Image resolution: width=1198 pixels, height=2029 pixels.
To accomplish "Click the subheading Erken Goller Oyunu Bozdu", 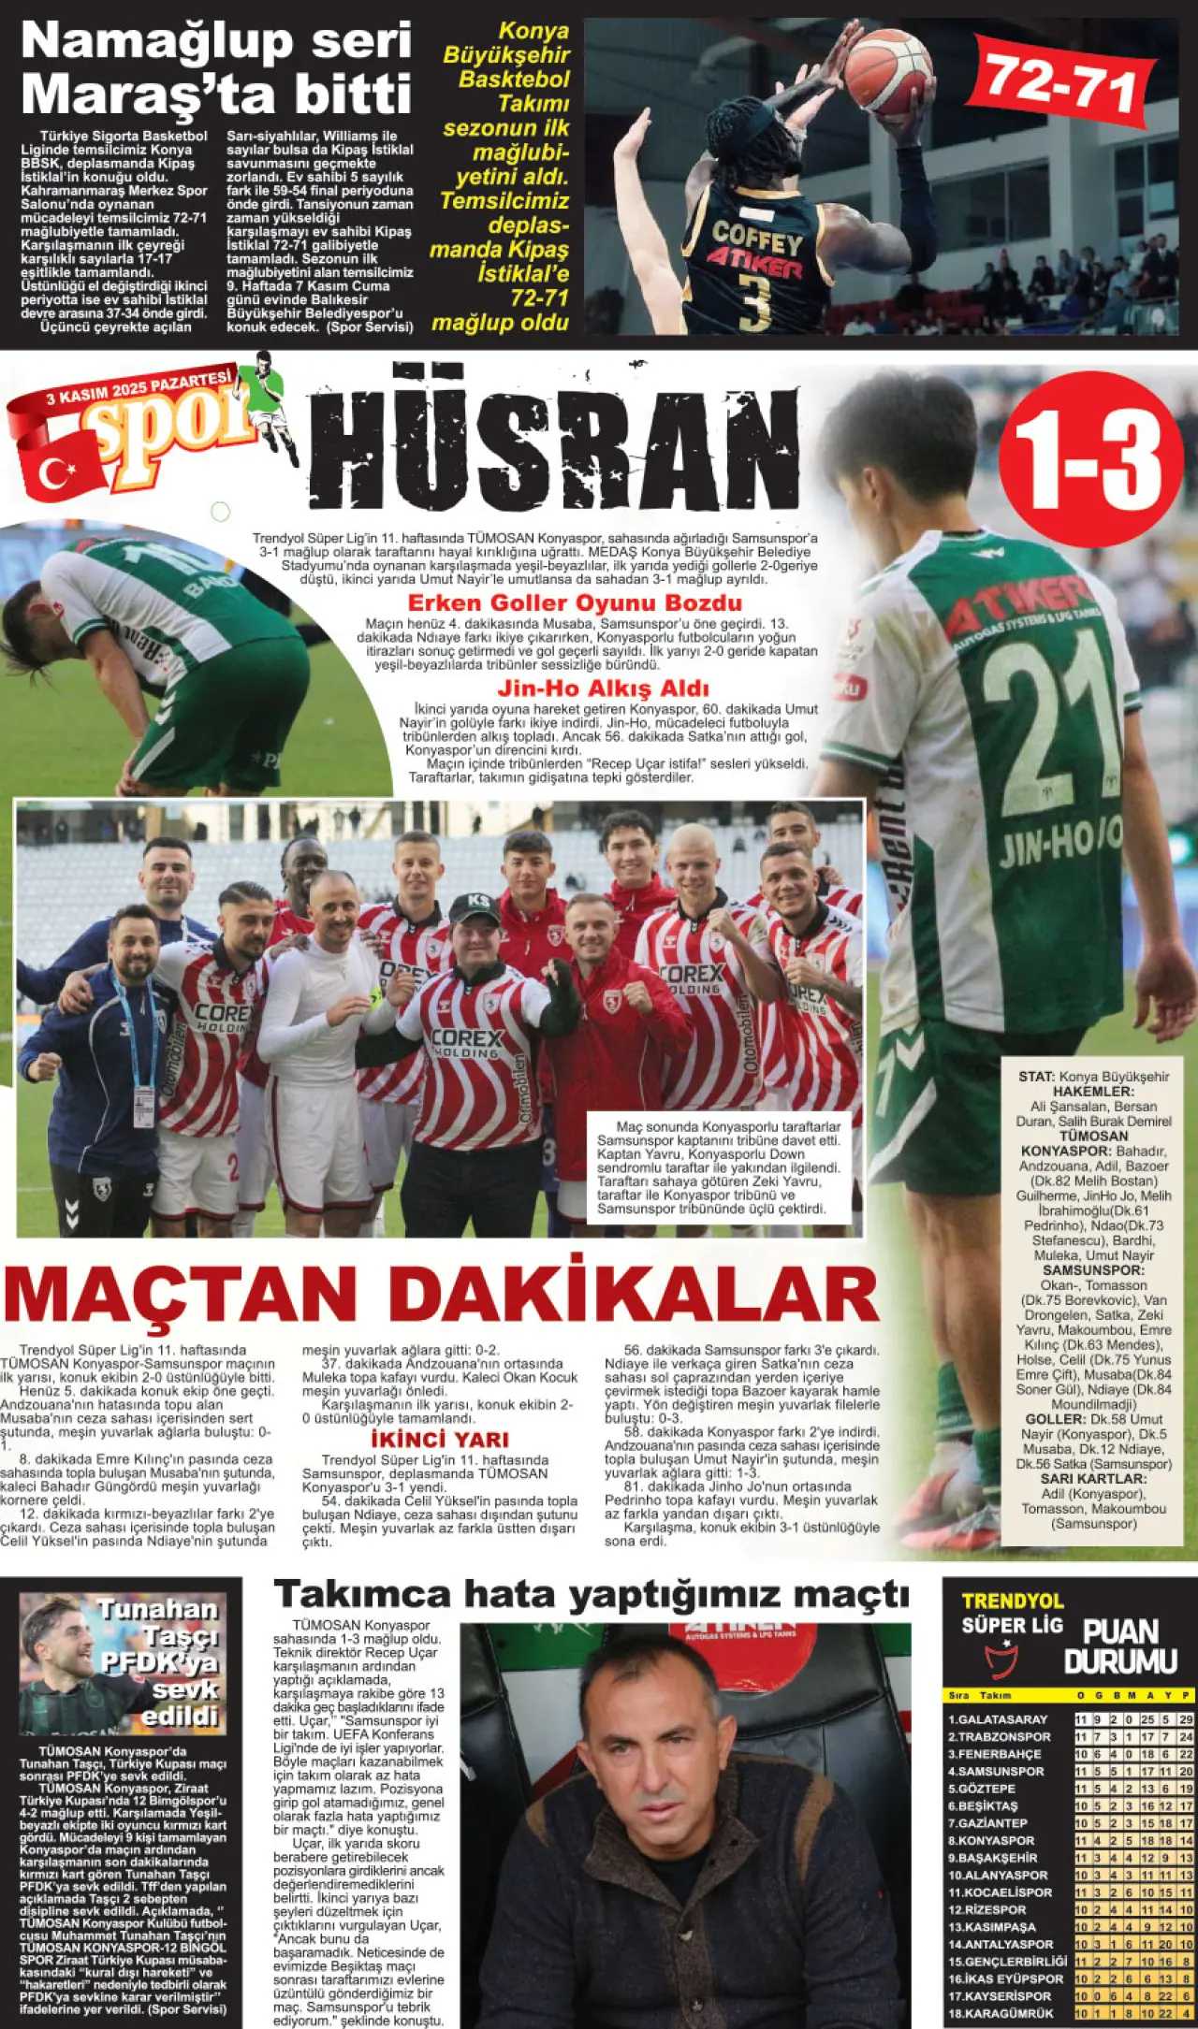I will (x=575, y=602).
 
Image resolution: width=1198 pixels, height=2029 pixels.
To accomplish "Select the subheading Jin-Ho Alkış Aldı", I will (x=603, y=688).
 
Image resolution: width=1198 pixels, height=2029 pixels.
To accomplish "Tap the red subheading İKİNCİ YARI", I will (x=440, y=1439).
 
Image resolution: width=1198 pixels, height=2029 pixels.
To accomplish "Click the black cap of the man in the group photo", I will (x=475, y=906).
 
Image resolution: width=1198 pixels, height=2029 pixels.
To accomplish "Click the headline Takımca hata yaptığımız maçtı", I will (x=592, y=1593).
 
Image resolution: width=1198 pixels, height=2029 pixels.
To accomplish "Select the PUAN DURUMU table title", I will (x=1119, y=1646).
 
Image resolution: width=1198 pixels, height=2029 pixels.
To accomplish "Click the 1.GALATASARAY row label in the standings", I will (x=998, y=1719).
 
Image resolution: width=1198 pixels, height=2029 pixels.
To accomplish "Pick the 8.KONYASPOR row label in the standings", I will (x=991, y=1840).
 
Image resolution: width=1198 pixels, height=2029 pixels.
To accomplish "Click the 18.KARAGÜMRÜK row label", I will (x=1001, y=2013).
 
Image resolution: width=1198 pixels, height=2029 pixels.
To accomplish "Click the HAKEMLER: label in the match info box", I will (x=1093, y=1091).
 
